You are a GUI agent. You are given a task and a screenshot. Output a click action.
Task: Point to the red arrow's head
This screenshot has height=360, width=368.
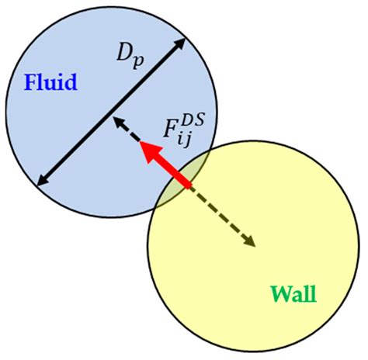pos(145,150)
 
